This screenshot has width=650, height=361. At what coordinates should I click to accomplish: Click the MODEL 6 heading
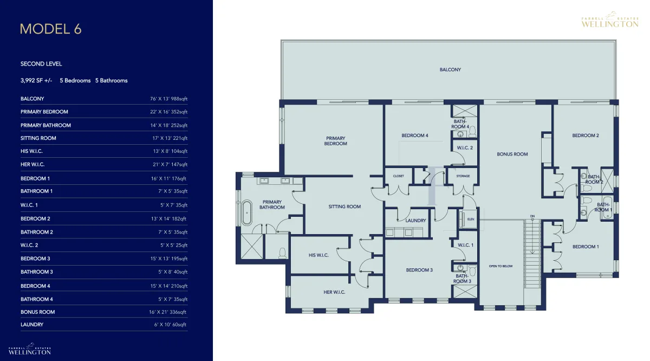coord(51,29)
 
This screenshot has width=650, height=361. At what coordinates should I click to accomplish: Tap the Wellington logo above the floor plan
coord(610,20)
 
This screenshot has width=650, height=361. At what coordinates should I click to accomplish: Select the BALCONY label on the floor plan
coord(450,70)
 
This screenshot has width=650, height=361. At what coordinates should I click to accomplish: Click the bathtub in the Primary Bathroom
coord(246,212)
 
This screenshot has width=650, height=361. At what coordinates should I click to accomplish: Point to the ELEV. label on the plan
coord(471,220)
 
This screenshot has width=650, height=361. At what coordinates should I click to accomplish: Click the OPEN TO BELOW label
coord(500,266)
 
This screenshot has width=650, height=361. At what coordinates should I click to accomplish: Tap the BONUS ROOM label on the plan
coord(512,154)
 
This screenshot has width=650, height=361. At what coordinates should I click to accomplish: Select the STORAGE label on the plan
coord(463,176)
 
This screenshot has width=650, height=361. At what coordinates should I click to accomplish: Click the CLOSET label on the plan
coord(399,176)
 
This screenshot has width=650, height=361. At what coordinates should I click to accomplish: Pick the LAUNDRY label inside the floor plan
coord(415,221)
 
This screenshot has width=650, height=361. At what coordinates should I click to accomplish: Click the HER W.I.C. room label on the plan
coord(334,292)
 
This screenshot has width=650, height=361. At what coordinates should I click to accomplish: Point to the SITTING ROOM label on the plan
coord(344,207)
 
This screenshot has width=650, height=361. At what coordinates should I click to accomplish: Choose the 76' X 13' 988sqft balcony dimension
coord(168,99)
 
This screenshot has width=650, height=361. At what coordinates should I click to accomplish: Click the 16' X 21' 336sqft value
coord(167,312)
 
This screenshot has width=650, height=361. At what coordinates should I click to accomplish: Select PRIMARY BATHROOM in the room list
coord(45,125)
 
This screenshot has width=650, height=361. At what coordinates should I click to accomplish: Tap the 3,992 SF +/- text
coord(36,80)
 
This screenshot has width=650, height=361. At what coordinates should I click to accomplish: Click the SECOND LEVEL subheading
coord(41,64)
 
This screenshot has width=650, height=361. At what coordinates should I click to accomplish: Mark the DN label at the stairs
coord(532,216)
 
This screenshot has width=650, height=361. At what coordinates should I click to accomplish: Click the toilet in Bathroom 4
coord(473,132)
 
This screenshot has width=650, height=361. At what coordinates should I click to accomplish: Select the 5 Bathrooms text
coord(112,80)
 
